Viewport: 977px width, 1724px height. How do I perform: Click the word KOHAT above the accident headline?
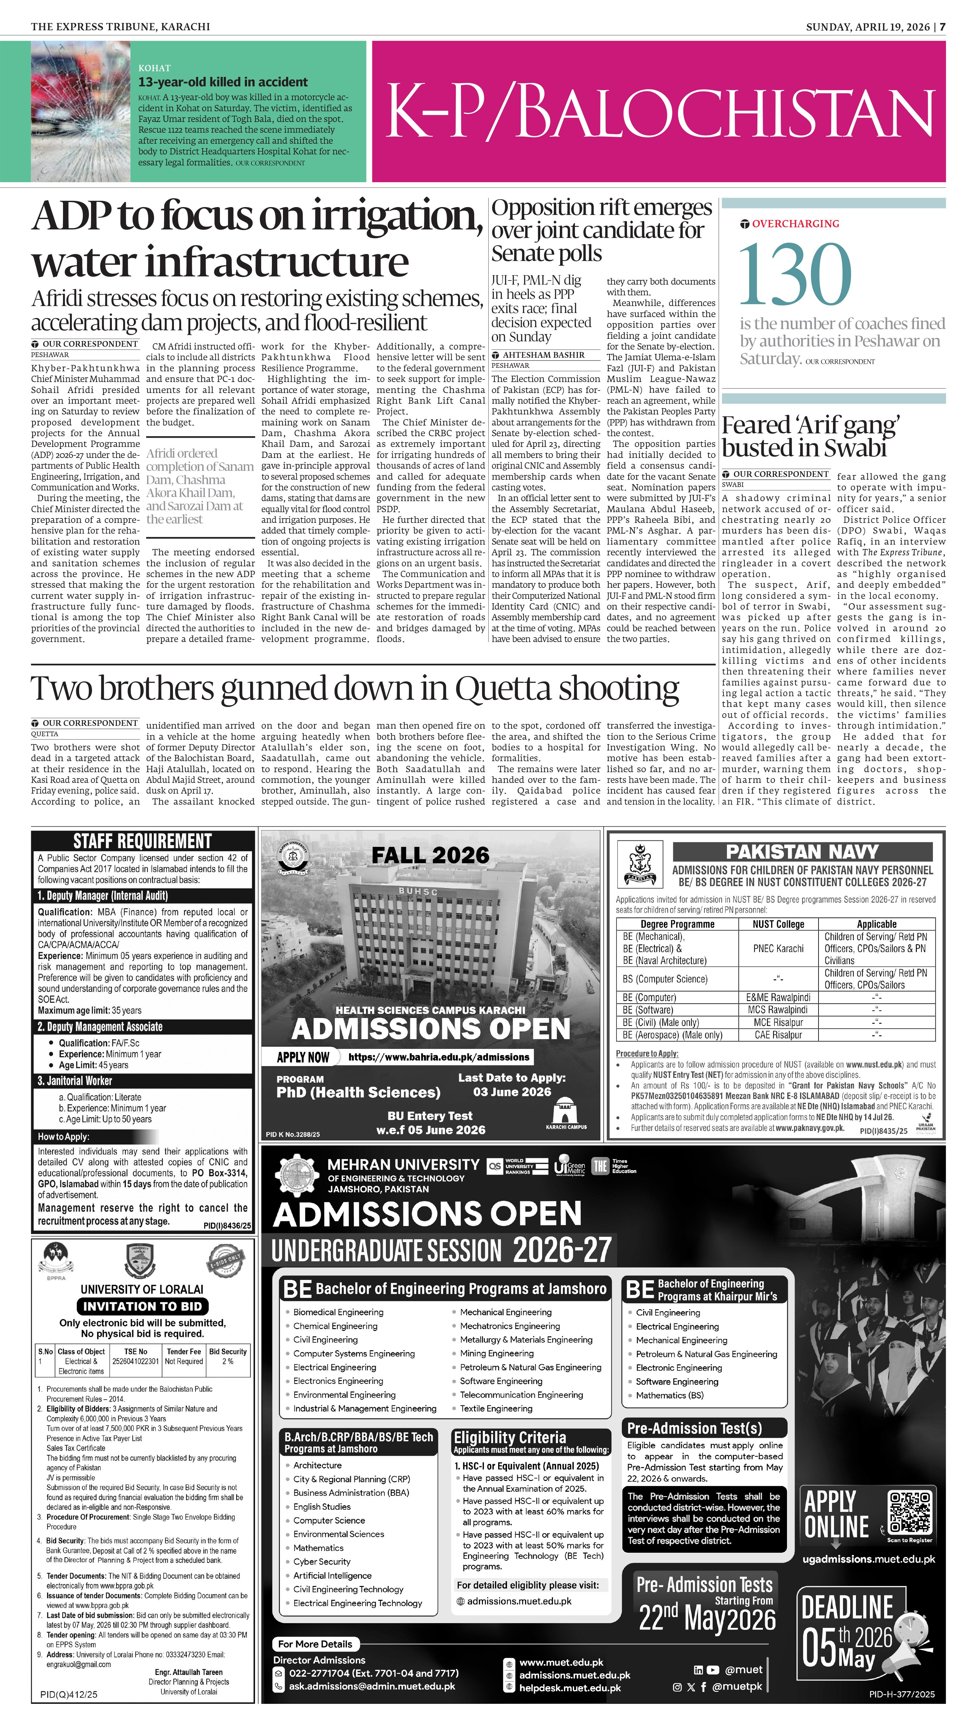[x=154, y=68]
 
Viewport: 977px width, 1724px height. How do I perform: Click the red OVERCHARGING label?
[x=795, y=223]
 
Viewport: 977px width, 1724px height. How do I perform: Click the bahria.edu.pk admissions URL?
[x=439, y=1057]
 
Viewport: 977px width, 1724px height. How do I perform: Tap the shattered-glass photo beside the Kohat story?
[x=81, y=111]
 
